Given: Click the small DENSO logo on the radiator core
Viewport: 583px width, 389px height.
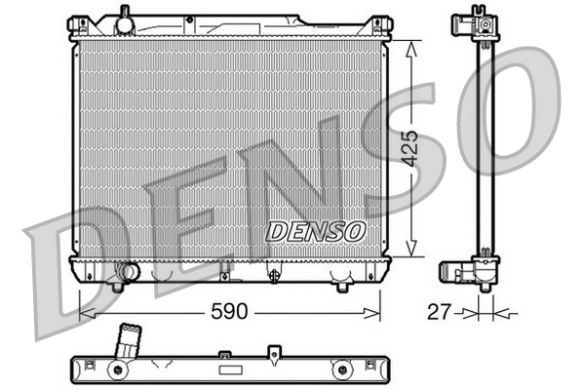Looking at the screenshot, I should click(x=316, y=231).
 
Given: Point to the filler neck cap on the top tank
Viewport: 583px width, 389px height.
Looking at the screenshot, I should click(x=123, y=18).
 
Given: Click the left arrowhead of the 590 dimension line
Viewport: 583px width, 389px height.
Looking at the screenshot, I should click(x=85, y=313).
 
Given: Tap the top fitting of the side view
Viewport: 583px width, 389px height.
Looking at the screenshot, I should click(x=481, y=25).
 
